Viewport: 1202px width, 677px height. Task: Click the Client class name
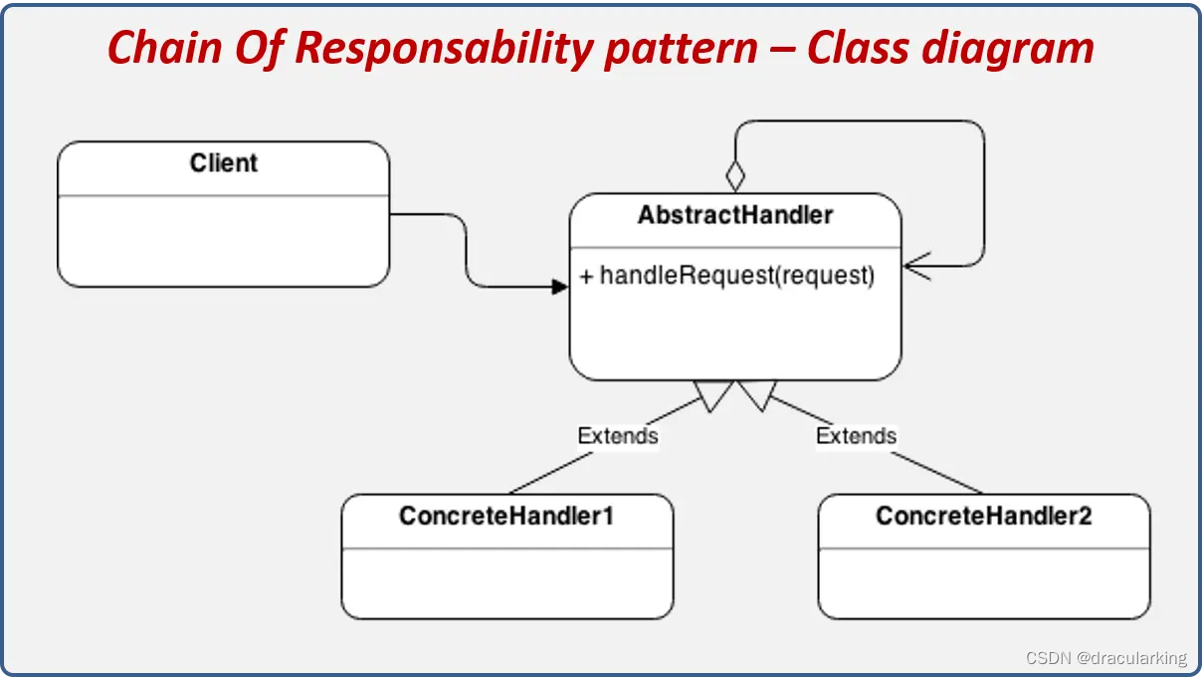pos(223,163)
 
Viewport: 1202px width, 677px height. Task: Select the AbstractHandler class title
pos(735,215)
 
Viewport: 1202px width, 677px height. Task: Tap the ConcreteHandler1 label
pos(506,516)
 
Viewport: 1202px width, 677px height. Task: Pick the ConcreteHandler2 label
pos(983,516)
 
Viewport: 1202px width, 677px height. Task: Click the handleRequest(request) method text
pos(737,276)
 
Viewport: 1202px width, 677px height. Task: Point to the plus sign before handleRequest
pos(586,277)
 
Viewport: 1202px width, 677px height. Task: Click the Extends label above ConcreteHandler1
pos(618,436)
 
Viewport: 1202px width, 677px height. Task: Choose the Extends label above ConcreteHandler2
pos(856,436)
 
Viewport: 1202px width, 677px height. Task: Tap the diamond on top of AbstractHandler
pos(735,176)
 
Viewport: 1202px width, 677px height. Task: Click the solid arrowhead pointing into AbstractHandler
pos(559,287)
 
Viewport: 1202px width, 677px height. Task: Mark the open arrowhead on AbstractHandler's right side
pos(917,266)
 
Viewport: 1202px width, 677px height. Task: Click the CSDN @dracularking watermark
pos(1106,658)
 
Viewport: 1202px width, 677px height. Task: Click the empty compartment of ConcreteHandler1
pos(506,581)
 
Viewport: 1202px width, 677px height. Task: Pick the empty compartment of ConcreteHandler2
pos(983,581)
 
